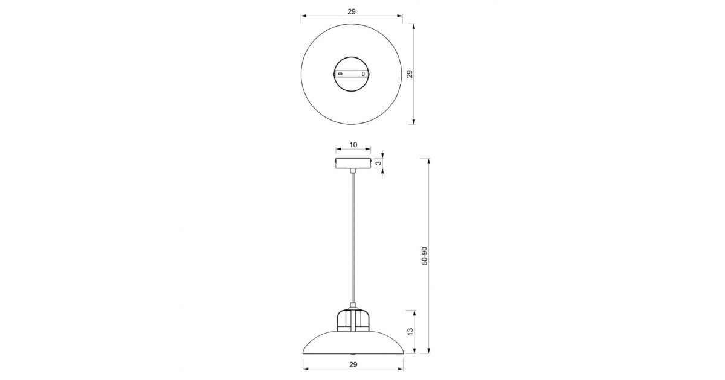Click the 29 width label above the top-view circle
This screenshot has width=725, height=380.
(x=352, y=11)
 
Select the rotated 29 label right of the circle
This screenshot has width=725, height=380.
(x=410, y=74)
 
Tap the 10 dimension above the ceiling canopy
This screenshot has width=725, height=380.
(x=353, y=145)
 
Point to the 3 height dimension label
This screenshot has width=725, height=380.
(x=378, y=163)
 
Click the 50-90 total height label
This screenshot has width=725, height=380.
(x=424, y=256)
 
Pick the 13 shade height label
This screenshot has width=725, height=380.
(x=410, y=332)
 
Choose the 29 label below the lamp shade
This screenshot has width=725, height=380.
(x=353, y=364)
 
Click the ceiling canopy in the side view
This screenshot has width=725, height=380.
(x=353, y=163)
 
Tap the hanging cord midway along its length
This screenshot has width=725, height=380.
(x=353, y=238)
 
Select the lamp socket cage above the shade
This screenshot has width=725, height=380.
(x=353, y=320)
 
